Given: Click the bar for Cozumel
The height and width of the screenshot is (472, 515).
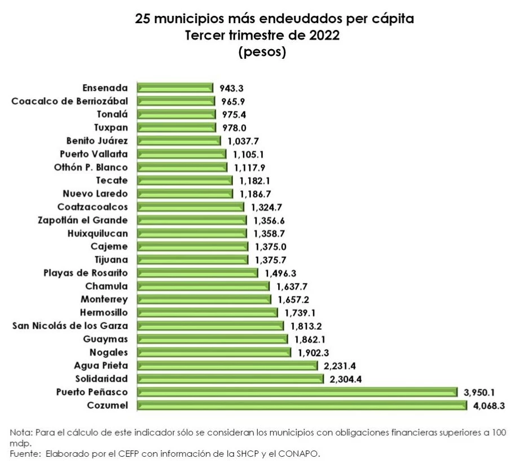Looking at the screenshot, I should [x=302, y=405].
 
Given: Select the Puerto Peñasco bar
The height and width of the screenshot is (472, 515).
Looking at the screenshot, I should [x=297, y=392].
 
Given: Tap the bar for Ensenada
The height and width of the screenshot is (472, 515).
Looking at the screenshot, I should [x=175, y=88].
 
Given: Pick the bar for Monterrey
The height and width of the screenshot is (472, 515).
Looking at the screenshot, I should [x=204, y=299].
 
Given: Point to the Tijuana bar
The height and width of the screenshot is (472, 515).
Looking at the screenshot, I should [x=192, y=260].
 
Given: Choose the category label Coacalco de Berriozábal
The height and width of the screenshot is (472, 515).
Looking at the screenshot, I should [x=69, y=101].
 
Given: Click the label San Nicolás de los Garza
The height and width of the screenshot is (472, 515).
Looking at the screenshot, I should [x=70, y=326].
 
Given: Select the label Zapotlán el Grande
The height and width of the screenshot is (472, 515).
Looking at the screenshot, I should [x=82, y=220].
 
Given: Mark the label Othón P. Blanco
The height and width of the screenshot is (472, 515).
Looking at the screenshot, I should [x=91, y=167].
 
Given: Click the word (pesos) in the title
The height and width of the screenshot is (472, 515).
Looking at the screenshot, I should [x=262, y=53].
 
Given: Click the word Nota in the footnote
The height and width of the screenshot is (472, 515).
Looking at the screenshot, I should [x=20, y=432].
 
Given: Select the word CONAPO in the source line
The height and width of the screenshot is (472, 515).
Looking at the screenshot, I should [x=302, y=453].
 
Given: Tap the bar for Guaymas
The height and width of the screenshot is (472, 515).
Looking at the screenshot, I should [x=213, y=339].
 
